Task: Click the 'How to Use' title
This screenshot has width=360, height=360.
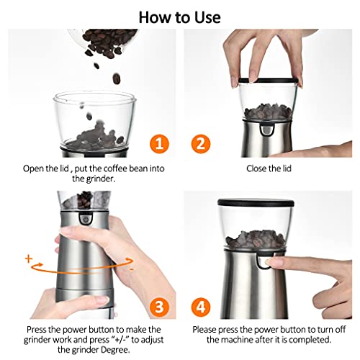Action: point(179,15)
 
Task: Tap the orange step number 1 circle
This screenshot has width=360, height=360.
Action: point(159,143)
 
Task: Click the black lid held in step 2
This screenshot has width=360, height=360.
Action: point(271,81)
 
